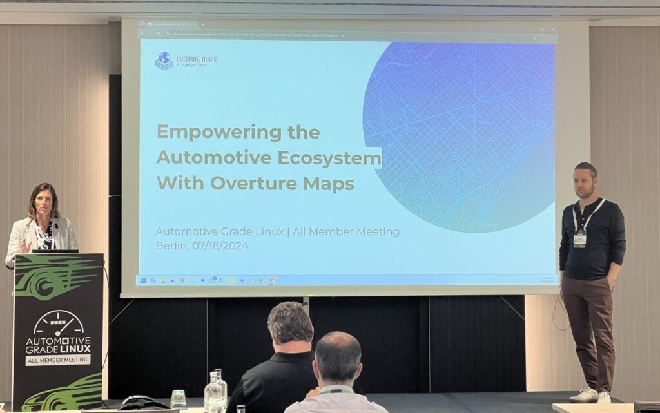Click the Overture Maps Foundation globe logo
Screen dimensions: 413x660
[x=164, y=61]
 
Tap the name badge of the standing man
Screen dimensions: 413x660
[x=579, y=238]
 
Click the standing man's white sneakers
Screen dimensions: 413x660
[x=593, y=395]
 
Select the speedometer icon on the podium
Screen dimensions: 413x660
[x=58, y=323]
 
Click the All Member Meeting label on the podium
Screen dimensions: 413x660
[x=58, y=360]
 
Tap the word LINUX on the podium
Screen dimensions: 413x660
[x=76, y=349]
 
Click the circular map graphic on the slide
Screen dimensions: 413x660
[x=459, y=135]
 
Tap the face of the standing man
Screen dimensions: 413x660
[x=585, y=184]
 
